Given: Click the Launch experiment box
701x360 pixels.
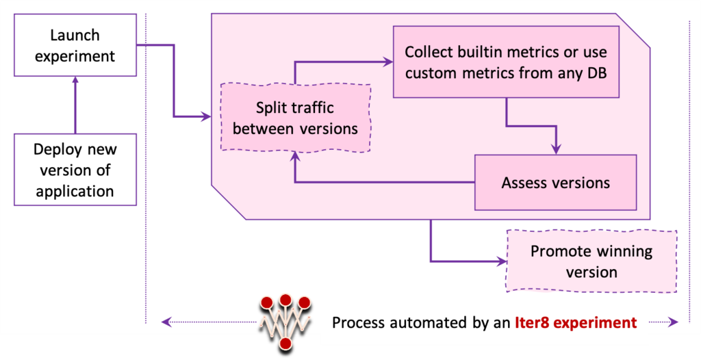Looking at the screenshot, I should (75, 46).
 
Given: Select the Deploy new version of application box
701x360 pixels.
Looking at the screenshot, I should (75, 170).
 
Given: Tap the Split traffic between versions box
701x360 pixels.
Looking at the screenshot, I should (296, 118).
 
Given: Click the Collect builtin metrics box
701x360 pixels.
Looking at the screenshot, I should (506, 62).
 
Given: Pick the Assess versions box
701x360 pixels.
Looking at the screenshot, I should (555, 183).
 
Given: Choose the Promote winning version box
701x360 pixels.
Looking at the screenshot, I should (591, 261).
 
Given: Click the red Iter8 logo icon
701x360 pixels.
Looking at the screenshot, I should (285, 321).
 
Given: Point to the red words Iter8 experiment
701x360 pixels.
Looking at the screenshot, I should (576, 322).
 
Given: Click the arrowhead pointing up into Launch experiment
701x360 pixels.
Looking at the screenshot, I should (75, 80).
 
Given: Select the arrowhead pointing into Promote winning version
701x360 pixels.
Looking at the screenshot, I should (501, 261).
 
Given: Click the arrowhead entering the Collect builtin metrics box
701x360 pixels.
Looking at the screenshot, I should (388, 62).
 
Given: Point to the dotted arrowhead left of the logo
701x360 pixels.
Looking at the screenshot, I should (165, 322).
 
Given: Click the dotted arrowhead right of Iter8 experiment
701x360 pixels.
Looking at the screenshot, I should (674, 322).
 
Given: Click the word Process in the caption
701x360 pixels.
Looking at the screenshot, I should (358, 322).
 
